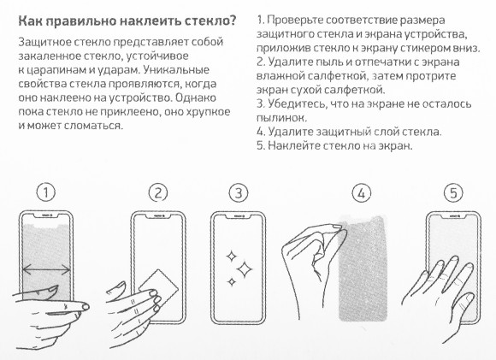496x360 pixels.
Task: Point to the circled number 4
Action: click(362, 193)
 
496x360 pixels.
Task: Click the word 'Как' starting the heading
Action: click(32, 20)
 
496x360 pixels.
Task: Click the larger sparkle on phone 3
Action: click(245, 270)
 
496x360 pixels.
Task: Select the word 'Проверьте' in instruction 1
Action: click(300, 19)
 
